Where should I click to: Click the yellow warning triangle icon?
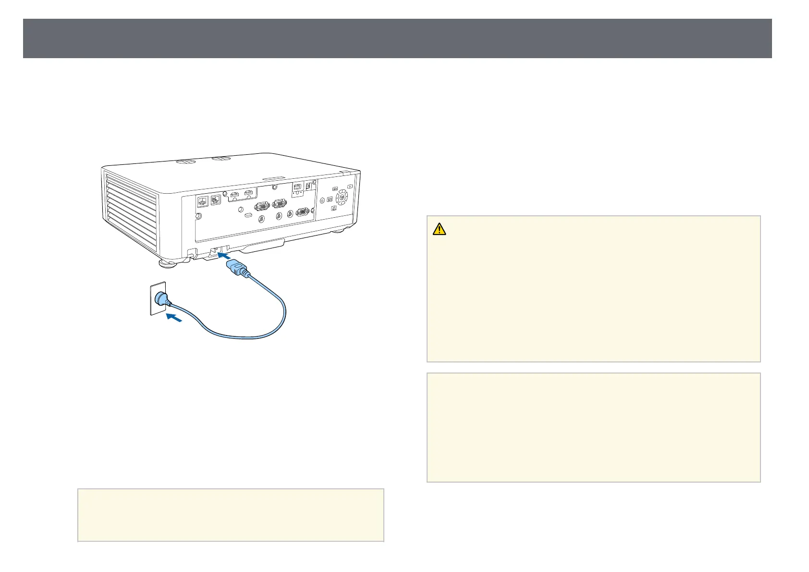click(439, 229)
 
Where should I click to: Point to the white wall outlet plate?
click(158, 298)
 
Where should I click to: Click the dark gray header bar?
click(397, 38)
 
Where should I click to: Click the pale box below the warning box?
click(593, 427)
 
